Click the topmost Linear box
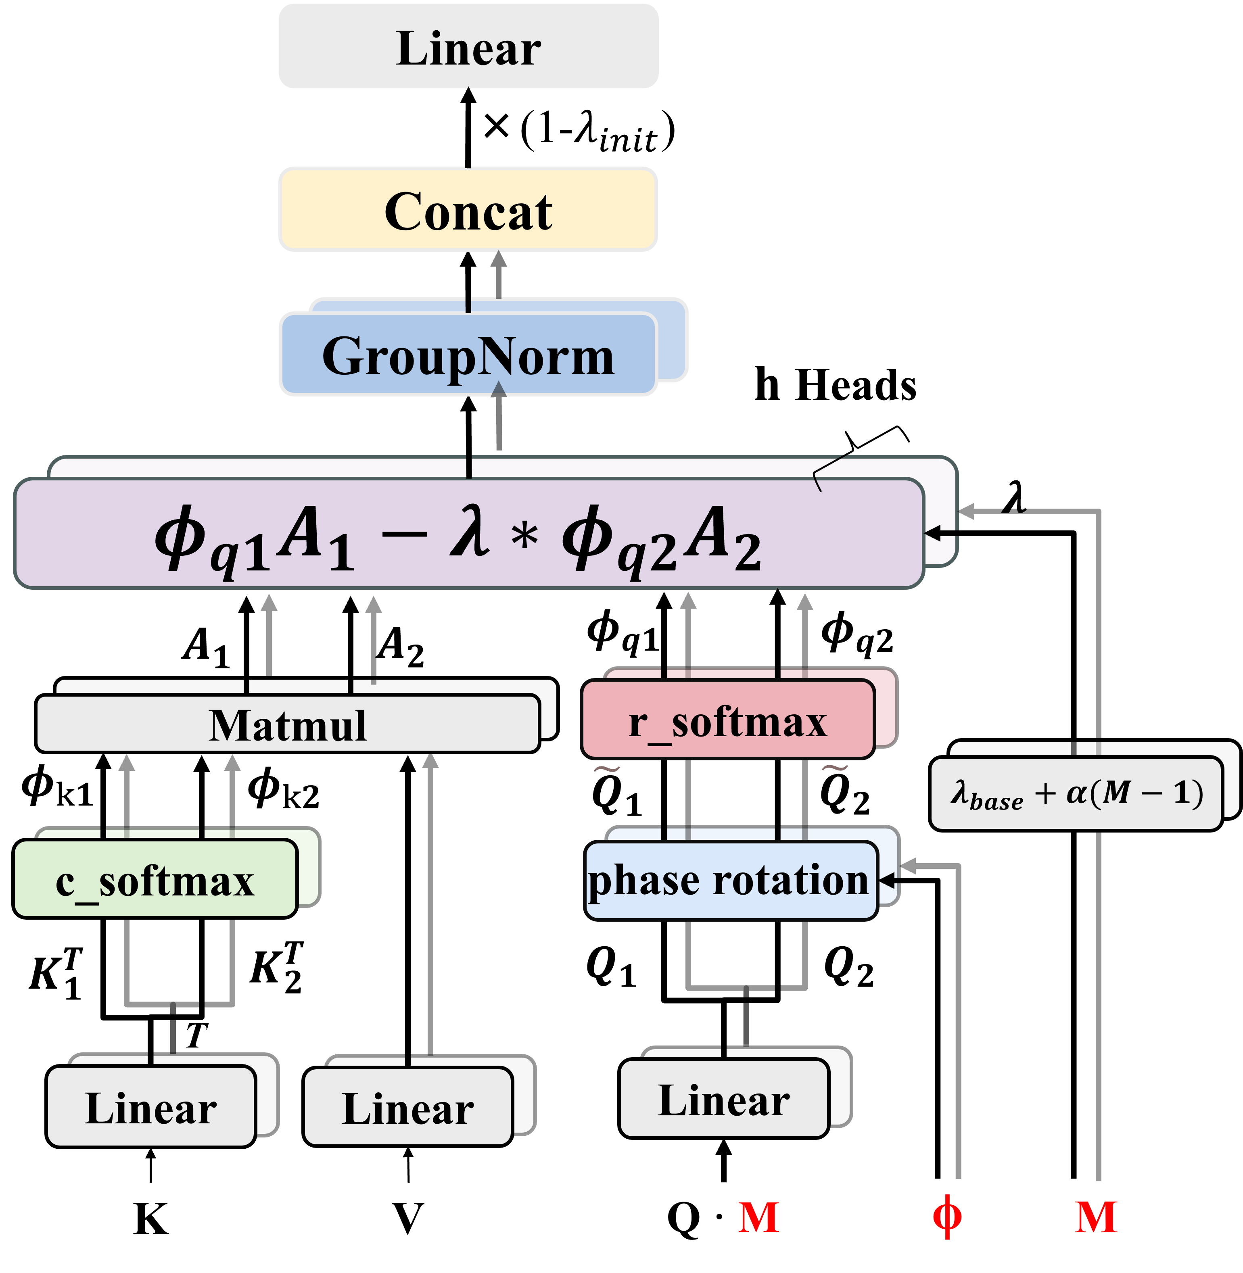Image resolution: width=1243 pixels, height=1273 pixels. point(468,47)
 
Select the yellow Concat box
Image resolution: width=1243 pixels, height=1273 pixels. point(468,210)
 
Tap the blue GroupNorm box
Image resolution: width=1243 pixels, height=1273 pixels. point(468,356)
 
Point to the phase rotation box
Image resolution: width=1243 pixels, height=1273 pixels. point(729,880)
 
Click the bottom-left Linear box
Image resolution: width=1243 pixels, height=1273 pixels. point(151,1108)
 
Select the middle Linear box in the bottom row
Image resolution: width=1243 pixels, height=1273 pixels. point(408,1108)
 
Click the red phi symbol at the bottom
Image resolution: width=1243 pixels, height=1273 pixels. point(946,1216)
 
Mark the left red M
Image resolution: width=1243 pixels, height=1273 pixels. point(758,1217)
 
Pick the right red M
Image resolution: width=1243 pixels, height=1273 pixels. point(1096,1217)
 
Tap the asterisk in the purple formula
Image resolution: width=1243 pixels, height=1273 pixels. point(524,537)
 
